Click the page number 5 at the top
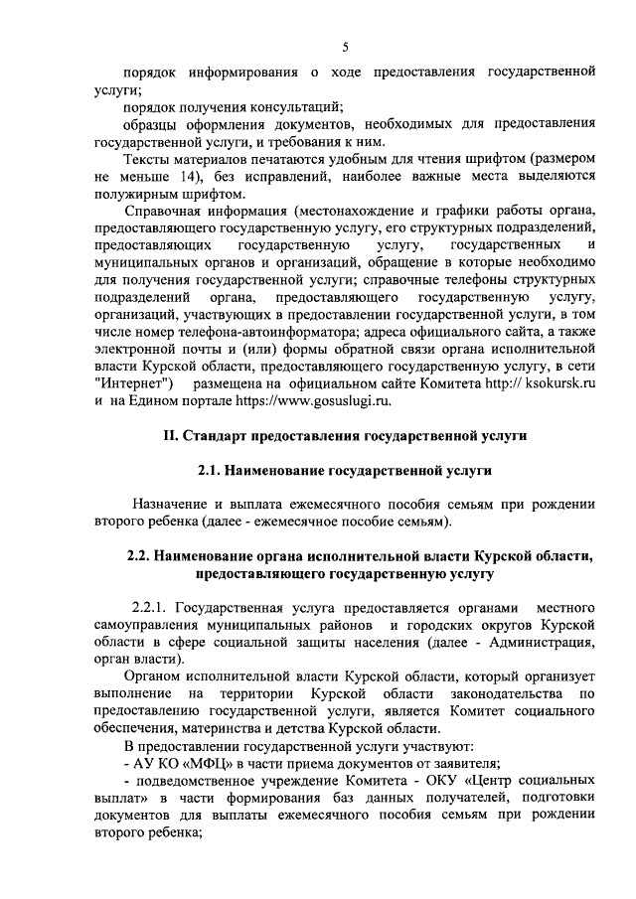pos(345,46)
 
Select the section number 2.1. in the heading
pos(213,469)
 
